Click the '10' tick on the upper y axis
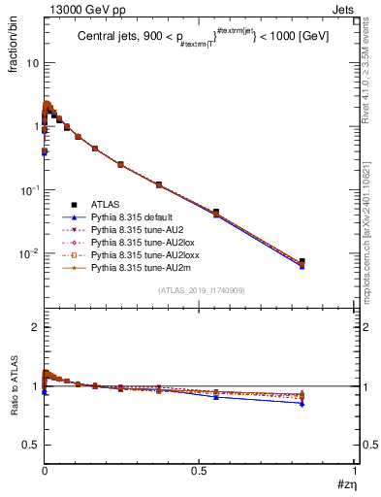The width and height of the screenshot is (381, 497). pos(31,62)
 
